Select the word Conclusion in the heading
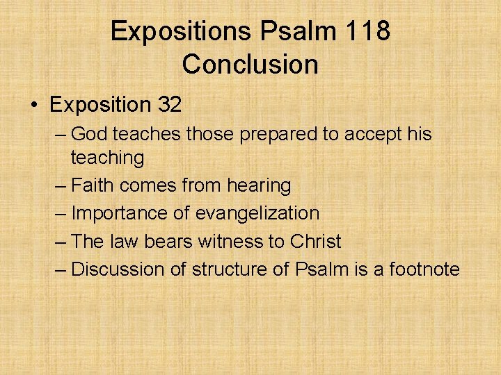tap(250, 65)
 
